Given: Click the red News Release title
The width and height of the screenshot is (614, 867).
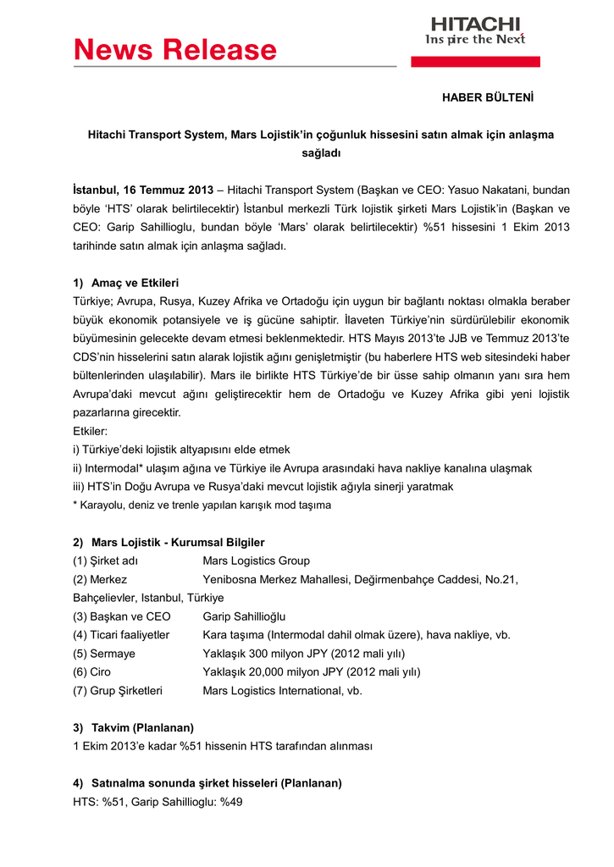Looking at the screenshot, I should click(x=175, y=50).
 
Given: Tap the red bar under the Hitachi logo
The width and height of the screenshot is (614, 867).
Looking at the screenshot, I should click(x=475, y=62).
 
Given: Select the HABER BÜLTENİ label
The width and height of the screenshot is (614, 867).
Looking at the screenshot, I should click(x=488, y=97).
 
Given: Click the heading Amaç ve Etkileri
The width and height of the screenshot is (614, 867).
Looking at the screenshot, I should click(x=135, y=282).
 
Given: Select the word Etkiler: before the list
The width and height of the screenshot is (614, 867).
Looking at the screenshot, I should click(x=91, y=431).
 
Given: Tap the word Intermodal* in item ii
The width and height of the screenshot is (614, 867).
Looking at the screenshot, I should click(x=115, y=468).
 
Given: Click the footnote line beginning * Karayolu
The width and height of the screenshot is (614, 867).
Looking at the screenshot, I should click(x=202, y=505).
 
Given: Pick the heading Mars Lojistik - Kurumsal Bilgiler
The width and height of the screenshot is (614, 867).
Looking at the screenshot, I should click(x=178, y=542).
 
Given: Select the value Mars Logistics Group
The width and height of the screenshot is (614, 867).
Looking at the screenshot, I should click(x=256, y=561).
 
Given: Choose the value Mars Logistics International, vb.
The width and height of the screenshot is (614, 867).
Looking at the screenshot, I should click(x=282, y=691).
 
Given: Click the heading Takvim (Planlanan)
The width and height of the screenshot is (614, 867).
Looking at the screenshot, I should click(x=142, y=727).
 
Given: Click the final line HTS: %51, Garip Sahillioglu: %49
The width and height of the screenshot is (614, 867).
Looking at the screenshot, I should click(x=158, y=802).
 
